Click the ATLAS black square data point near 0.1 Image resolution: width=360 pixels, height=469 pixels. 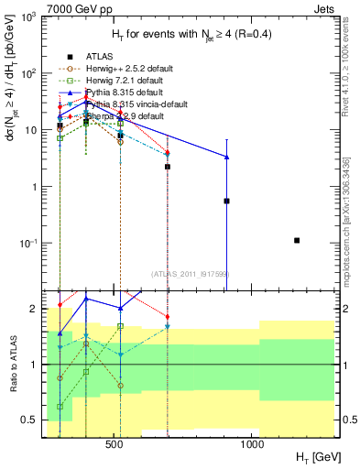coord(297,241)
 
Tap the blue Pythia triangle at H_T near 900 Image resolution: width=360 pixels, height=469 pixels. coord(226,157)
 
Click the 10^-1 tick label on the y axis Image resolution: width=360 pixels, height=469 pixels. coord(29,244)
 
